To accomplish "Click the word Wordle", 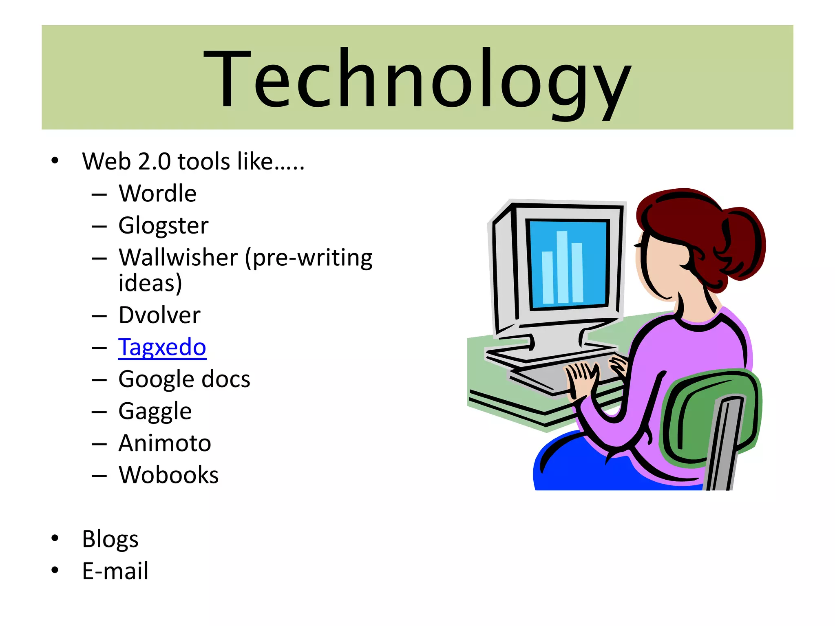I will click(157, 193).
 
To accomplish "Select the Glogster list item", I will click(163, 225).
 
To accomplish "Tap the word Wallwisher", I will click(178, 258).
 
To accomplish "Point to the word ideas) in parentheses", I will click(150, 283).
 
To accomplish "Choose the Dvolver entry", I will click(159, 315).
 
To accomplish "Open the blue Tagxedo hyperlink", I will click(162, 347).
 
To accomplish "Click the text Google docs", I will click(184, 379).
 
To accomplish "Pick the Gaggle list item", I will click(155, 411).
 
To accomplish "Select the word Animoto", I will click(165, 443).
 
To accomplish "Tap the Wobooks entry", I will click(168, 475).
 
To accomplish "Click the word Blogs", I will click(110, 539).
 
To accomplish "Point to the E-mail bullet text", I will click(115, 571).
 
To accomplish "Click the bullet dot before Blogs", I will click(55, 538).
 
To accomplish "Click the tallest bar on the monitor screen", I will click(562, 267).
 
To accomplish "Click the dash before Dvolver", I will click(99, 316).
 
